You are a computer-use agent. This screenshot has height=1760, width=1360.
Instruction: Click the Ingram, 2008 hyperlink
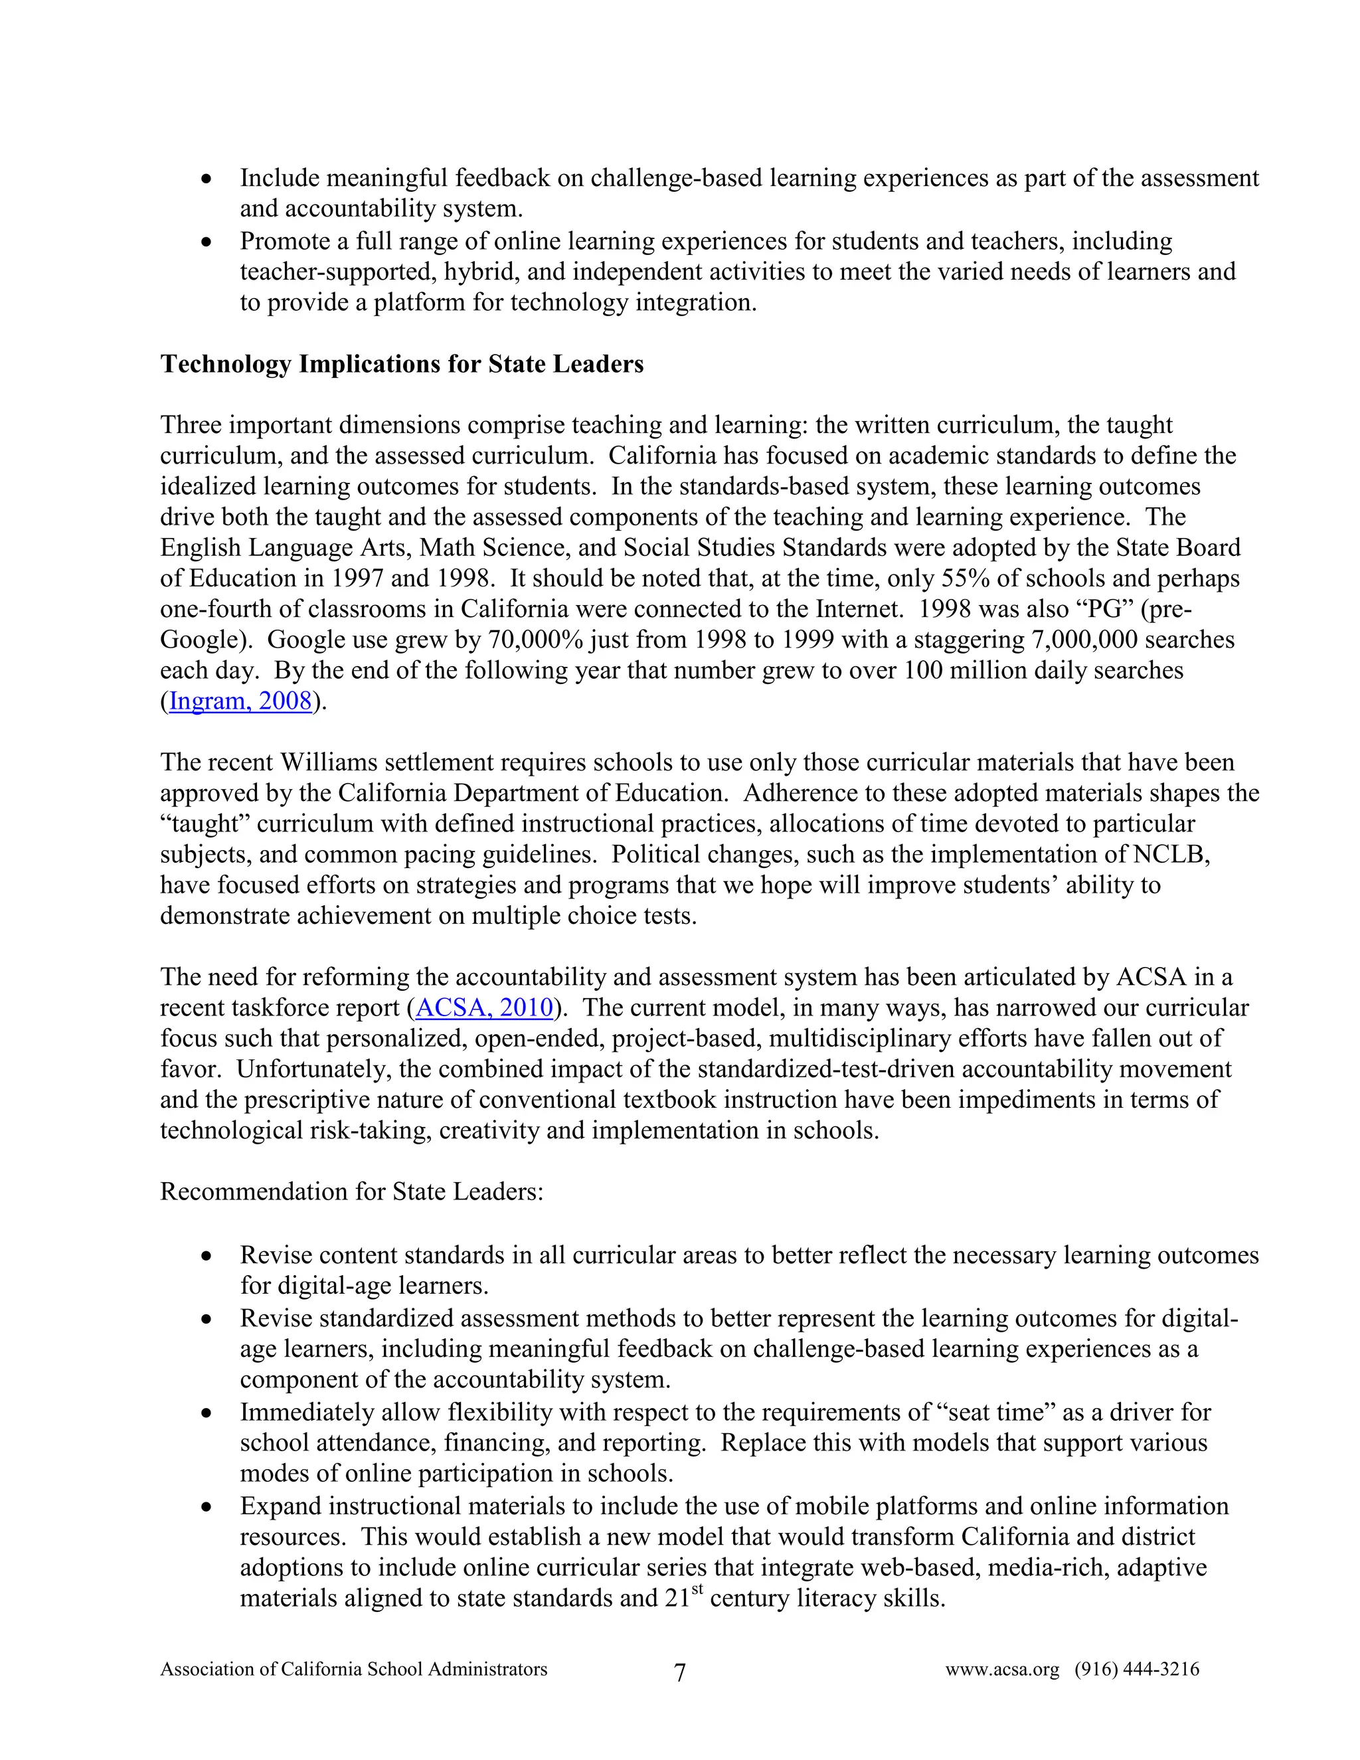[x=240, y=701]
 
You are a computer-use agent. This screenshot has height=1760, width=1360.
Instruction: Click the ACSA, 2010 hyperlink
[x=484, y=1008]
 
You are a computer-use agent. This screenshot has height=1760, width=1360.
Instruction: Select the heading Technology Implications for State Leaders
[x=402, y=364]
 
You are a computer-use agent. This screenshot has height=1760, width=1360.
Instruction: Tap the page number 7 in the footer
[x=679, y=1673]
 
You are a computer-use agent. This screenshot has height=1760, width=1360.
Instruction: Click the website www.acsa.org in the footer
[x=1001, y=1669]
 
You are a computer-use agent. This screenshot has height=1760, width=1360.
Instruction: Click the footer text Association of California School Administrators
[x=354, y=1669]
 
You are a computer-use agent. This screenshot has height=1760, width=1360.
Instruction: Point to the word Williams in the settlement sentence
[x=318, y=762]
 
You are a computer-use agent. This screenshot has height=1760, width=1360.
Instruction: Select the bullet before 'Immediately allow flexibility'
[x=207, y=1414]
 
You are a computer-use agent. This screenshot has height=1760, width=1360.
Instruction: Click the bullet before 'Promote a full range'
[x=207, y=242]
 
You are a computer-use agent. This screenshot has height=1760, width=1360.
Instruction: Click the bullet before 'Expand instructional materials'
[x=207, y=1508]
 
